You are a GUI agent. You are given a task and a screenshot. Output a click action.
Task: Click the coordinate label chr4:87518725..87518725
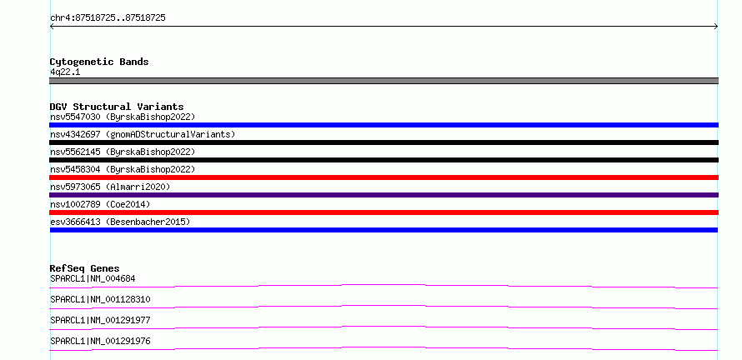pos(108,18)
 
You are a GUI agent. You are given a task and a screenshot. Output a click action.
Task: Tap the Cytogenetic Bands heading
pos(99,62)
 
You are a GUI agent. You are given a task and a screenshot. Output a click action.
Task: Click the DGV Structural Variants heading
pos(117,107)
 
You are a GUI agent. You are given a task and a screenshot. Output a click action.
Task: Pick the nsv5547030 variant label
pos(123,117)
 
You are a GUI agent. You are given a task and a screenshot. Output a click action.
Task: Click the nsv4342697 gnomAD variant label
pos(143,134)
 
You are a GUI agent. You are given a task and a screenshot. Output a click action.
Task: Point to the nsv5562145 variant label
pos(123,152)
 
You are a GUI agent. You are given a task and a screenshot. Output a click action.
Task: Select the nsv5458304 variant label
pos(123,169)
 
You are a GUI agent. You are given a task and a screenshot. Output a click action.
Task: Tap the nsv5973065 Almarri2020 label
pos(110,187)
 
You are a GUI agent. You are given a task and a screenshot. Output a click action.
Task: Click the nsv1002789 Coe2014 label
pos(100,204)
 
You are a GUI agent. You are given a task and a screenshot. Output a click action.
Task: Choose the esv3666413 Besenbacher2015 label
pos(120,222)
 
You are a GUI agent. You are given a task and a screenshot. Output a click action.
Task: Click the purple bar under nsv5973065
pos(384,195)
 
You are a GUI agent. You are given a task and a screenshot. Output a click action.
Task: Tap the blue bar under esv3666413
pos(384,230)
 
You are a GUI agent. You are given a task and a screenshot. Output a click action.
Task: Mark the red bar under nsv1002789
pos(384,212)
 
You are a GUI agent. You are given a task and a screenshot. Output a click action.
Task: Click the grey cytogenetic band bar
pos(384,81)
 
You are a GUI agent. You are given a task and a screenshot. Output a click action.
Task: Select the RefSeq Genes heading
pos(85,268)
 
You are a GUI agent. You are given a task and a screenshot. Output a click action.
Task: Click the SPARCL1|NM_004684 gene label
pos(93,279)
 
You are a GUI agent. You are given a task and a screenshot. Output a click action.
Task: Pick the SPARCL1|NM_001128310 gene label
pos(100,300)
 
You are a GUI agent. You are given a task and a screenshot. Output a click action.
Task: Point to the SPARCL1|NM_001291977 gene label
pos(100,321)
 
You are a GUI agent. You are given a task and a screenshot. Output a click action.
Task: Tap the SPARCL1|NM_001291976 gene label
pos(100,342)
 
